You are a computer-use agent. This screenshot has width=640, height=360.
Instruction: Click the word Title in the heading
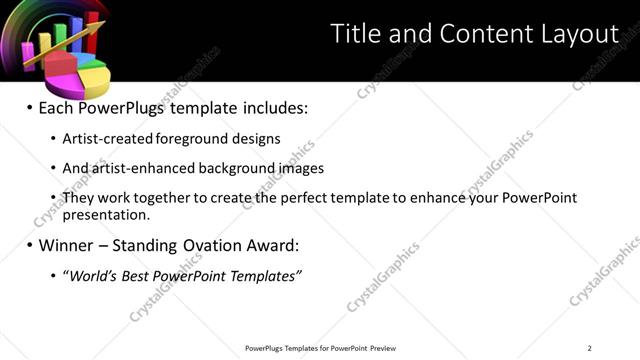[353, 34]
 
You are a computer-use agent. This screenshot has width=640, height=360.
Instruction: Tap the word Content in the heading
[475, 34]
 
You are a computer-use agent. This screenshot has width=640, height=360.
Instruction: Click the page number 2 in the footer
[590, 347]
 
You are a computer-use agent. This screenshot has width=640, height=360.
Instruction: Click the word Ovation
[213, 244]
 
